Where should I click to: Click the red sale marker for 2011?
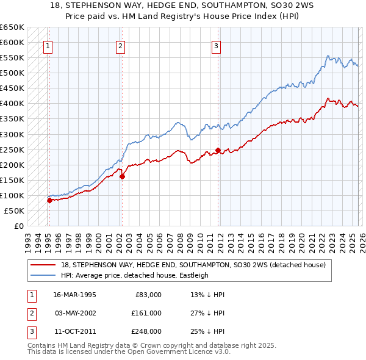tap(218, 150)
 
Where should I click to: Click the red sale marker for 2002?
tap(122, 176)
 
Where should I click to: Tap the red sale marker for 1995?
tap(49, 200)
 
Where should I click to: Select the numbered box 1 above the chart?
tap(48, 45)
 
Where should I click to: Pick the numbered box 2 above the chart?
tap(121, 45)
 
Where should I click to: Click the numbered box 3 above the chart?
tap(216, 45)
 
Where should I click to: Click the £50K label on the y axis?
tap(13, 211)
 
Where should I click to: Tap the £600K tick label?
tap(12, 42)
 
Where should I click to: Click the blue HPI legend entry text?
tap(135, 275)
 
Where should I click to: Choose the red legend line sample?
tap(43, 265)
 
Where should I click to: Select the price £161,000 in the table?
tap(146, 313)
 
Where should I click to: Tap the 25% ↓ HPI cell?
tap(208, 331)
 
